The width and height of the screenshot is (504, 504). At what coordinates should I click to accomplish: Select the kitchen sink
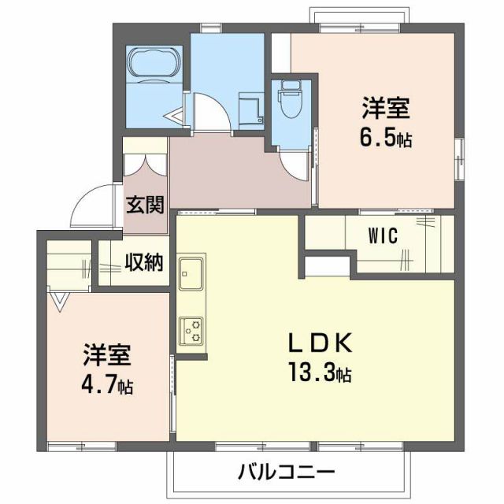191,276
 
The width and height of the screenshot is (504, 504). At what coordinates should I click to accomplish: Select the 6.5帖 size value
387,139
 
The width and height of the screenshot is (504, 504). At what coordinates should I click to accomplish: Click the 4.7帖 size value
108,387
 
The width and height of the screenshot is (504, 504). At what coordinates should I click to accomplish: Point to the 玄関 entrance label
145,206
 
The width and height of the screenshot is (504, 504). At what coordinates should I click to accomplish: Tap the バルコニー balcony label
287,472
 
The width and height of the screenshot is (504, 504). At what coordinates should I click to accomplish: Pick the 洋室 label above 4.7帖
108,355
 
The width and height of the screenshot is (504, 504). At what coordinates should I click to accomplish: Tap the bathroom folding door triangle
175,117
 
